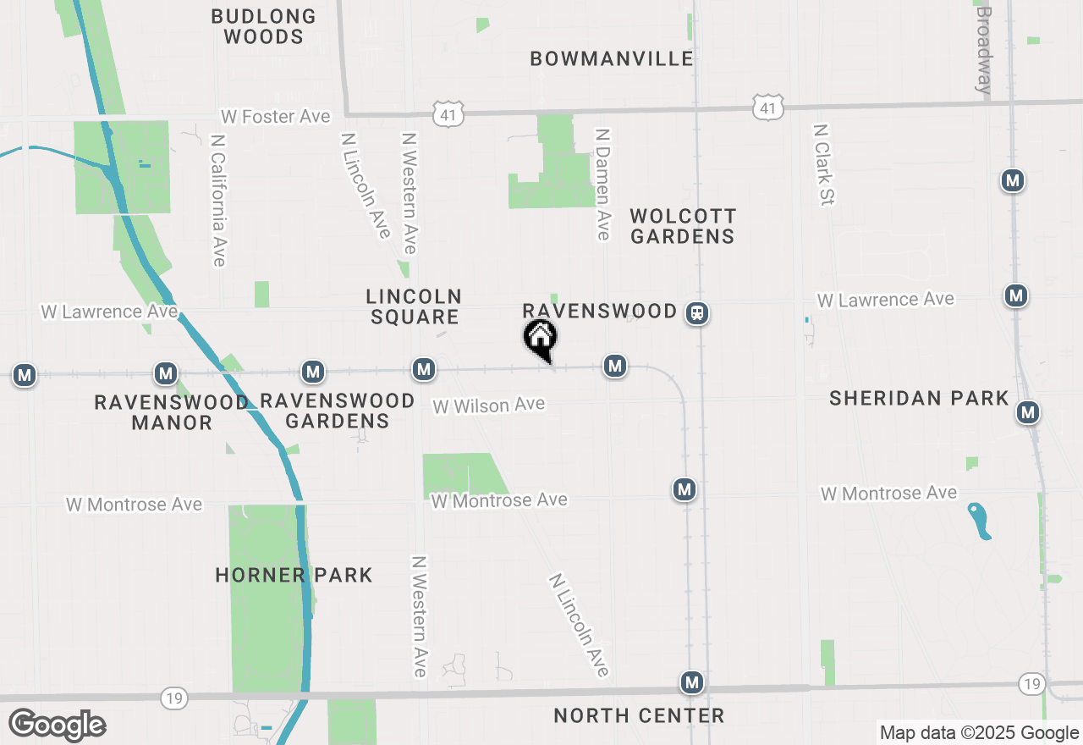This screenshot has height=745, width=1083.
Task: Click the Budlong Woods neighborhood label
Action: [263, 26]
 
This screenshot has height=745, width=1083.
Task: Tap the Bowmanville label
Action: [612, 58]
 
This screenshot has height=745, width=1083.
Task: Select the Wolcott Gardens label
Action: [683, 226]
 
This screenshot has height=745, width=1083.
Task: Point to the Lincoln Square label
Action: [414, 306]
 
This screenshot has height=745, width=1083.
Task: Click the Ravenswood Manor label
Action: [172, 411]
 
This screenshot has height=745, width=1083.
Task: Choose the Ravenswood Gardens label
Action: [337, 410]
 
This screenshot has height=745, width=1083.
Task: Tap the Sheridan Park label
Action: [919, 398]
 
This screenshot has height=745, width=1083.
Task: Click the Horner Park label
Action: [294, 575]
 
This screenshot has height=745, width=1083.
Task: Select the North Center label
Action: [639, 715]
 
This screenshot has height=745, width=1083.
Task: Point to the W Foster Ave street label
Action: [276, 116]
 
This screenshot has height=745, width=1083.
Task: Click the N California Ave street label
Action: [218, 200]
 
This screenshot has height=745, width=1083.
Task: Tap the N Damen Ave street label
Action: [602, 184]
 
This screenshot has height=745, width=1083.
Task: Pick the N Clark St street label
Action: [823, 164]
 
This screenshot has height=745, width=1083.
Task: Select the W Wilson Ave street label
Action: [489, 406]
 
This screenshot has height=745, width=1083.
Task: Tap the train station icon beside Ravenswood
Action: [697, 313]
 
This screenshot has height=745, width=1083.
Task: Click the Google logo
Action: [57, 726]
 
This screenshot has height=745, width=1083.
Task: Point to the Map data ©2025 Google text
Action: [979, 733]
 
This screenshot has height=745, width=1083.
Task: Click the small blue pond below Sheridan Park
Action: [979, 521]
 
